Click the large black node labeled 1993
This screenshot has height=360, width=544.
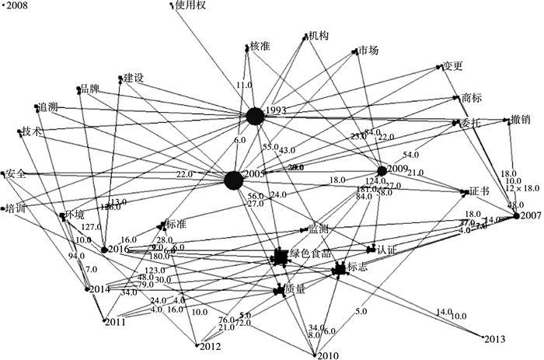coord(253,117)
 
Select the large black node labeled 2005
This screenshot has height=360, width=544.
coord(234,180)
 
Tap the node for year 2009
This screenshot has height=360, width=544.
coord(382,170)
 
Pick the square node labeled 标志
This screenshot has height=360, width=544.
coord(338,269)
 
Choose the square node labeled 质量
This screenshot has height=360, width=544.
coord(277,290)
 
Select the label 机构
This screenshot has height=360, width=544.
coord(318,36)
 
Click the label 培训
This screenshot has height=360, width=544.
coord(16,208)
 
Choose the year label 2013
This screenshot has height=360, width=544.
coord(494,338)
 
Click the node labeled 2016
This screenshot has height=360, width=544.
coord(103,250)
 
